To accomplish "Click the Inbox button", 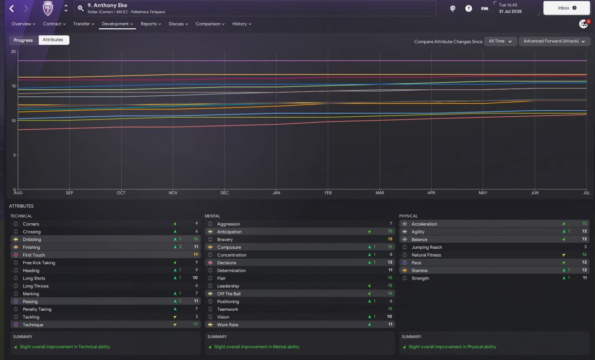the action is point(567,8).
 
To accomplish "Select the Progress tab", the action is point(23,40).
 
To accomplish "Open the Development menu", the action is point(118,24).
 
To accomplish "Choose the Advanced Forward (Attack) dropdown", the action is point(555,41).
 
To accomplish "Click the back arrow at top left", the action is point(12,8).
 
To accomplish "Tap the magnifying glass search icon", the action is point(80,8).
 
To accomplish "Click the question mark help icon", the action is point(469,8).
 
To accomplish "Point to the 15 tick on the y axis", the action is point(13,86).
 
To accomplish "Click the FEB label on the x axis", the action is point(328,193).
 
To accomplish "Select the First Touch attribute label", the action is point(34,255).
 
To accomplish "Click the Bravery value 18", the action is point(390,239).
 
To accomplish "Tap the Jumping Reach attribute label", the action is point(427,247).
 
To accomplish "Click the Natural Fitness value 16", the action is point(584,254).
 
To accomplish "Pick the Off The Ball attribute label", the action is point(229,294).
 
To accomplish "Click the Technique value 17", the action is point(196,324).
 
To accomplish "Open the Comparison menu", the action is point(210,24).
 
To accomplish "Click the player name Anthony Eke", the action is point(110,5).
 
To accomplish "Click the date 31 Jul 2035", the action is point(510,12).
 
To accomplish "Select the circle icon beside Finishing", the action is point(16,247).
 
